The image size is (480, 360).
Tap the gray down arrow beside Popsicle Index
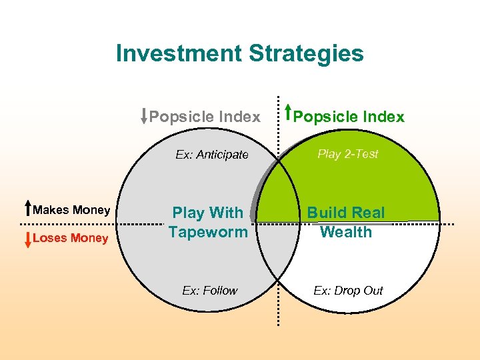tap(144, 116)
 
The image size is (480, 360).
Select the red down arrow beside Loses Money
tap(27, 239)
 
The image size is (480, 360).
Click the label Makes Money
tap(71, 210)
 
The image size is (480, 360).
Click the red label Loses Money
tap(70, 239)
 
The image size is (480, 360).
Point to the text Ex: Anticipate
tap(212, 155)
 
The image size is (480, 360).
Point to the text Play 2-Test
tap(348, 154)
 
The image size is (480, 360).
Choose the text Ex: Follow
tap(210, 290)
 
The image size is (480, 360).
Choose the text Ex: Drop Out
tap(348, 290)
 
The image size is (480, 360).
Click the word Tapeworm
tap(207, 233)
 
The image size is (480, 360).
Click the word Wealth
tap(346, 232)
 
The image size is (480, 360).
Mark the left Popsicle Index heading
tap(205, 117)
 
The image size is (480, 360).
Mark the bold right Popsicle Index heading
tap(349, 117)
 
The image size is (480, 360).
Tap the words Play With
tap(208, 213)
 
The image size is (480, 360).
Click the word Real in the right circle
tap(369, 213)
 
